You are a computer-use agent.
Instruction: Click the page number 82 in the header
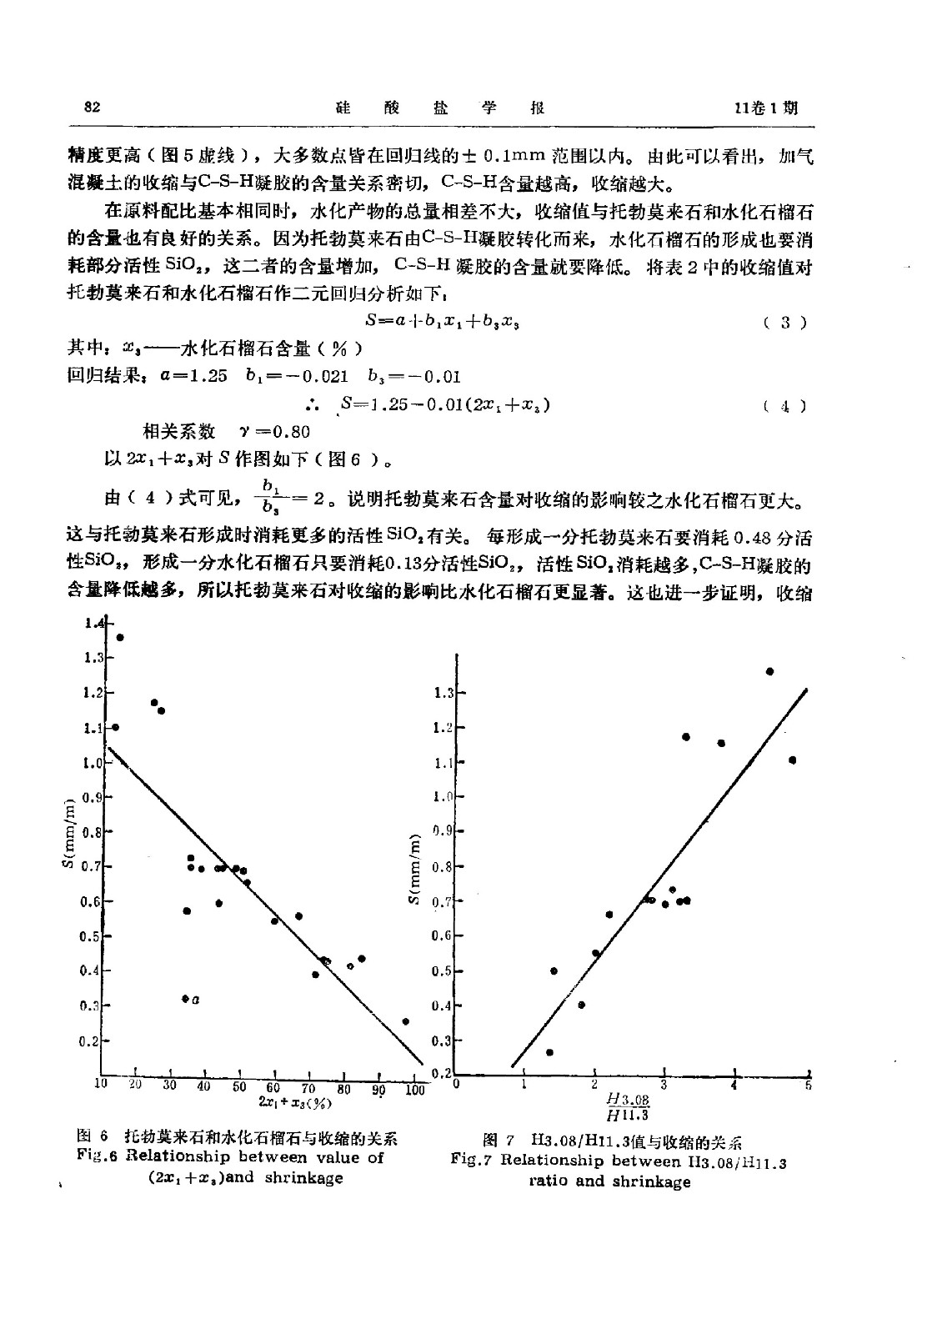coord(93,108)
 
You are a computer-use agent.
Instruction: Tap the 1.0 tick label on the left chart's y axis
coord(91,763)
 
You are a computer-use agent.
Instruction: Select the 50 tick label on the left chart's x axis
coord(239,1086)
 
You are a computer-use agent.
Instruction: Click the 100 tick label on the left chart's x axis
coord(414,1089)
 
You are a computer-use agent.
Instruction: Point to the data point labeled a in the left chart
coord(185,999)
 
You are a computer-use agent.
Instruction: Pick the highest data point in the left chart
coord(120,638)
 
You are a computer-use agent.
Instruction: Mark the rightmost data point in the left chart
coord(406,1021)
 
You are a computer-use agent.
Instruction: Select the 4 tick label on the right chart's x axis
coord(734,1084)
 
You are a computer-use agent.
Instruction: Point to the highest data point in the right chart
coord(769,671)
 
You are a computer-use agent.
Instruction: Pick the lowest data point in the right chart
coord(549,1052)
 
